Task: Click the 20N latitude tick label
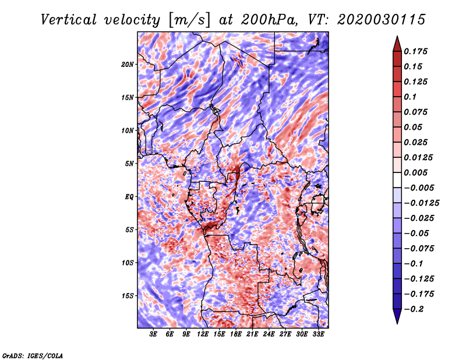[x=127, y=65]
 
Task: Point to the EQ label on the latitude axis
[x=129, y=197]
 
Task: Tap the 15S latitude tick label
[x=127, y=296]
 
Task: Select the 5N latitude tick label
[x=129, y=164]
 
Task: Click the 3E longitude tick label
[x=153, y=334]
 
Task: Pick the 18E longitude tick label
[x=236, y=334]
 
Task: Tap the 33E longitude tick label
[x=318, y=334]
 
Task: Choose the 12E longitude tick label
[x=203, y=334]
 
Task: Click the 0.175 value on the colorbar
[x=415, y=51]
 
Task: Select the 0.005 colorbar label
[x=415, y=172]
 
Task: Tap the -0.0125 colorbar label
[x=421, y=203]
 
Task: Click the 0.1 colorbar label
[x=410, y=97]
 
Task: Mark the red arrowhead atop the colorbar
[x=397, y=44]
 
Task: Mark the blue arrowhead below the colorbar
[x=397, y=316]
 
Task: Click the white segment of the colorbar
[x=397, y=180]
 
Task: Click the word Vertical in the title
[x=69, y=20]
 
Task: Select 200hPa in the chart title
[x=269, y=20]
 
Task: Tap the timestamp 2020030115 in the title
[x=382, y=20]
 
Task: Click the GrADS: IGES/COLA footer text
[x=33, y=356]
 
